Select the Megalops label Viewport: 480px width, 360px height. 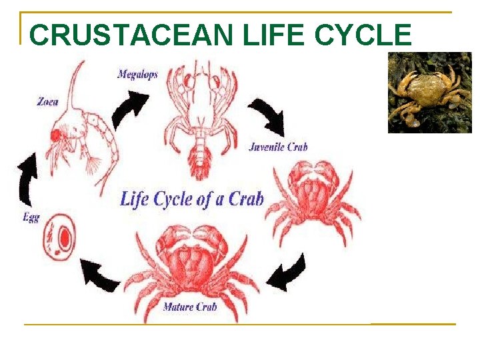tap(137, 75)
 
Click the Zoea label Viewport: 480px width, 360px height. tap(47, 102)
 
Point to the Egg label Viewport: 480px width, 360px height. tap(31, 217)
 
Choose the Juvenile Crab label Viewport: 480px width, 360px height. tap(278, 147)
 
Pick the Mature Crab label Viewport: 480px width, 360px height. tap(190, 307)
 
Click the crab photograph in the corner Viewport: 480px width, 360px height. tap(429, 93)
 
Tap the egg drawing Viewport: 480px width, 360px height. tap(59, 237)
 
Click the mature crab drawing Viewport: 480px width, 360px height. tap(193, 267)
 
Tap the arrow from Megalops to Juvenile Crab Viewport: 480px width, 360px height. tap(267, 117)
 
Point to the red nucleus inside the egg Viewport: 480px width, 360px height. tap(65, 238)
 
